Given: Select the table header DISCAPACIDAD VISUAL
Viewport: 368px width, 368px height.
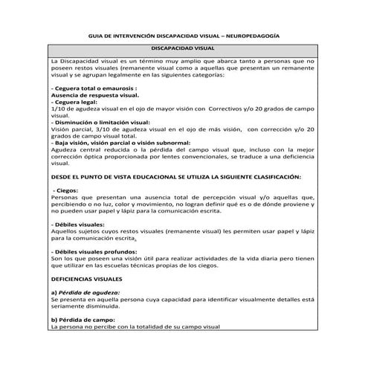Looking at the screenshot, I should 183,48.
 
